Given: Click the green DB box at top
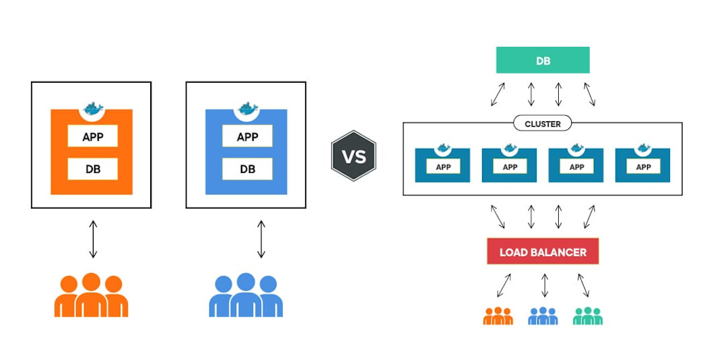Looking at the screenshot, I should (x=543, y=60).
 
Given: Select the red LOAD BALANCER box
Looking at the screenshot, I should (x=543, y=252).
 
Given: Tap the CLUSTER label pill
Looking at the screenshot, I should (x=543, y=124).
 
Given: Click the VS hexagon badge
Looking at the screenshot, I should (x=353, y=157).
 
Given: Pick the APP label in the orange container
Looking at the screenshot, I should (x=92, y=137).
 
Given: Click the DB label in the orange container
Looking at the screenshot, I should (x=92, y=169).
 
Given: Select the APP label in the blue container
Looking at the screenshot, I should (x=247, y=137).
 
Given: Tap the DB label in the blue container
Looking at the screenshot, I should (x=247, y=169).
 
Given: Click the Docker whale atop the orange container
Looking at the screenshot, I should (x=92, y=109).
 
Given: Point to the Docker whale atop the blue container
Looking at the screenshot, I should (x=247, y=109).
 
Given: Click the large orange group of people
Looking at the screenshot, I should (x=92, y=295).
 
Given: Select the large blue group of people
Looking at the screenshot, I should (x=246, y=295).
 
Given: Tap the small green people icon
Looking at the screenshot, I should (x=588, y=316).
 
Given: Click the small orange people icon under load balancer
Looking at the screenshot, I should (x=498, y=316).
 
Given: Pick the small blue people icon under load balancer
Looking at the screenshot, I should (x=543, y=316).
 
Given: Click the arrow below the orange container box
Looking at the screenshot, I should (x=93, y=239).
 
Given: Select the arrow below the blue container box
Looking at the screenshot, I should (x=261, y=239).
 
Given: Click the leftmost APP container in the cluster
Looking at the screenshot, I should (x=442, y=164).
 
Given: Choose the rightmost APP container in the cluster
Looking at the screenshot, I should (x=643, y=164).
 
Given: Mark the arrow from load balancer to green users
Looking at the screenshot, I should (x=583, y=285).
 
